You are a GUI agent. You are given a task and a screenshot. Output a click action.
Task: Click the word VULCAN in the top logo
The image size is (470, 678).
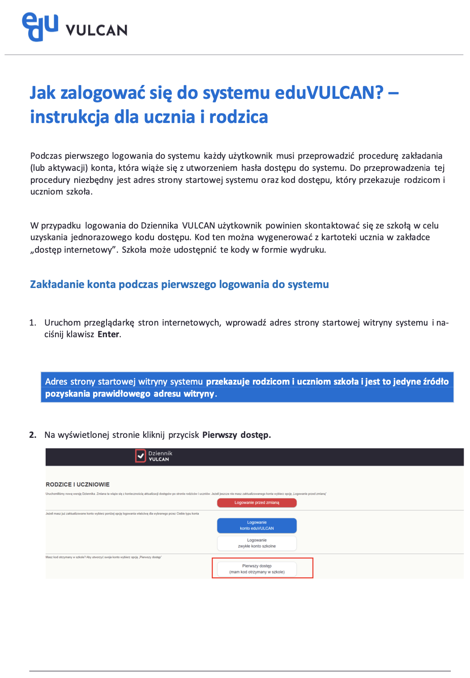(96, 30)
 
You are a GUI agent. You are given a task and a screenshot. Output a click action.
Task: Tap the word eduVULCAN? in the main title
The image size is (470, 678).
(329, 93)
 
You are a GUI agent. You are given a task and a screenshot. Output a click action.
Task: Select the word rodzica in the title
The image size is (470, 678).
(239, 117)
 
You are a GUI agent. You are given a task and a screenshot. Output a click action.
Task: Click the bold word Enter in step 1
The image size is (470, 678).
(108, 335)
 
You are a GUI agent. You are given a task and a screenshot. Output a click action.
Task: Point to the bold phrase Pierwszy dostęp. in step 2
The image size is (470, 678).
(236, 435)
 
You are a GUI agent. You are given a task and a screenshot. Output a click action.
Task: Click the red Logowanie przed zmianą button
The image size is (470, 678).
(256, 503)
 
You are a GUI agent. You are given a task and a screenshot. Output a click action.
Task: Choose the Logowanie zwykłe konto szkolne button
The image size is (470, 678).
(256, 543)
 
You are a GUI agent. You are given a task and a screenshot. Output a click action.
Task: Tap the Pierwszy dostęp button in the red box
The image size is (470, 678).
(256, 569)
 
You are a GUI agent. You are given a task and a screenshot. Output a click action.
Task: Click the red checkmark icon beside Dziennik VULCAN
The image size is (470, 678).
(141, 456)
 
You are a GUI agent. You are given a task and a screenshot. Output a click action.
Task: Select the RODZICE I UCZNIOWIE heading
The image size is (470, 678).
(77, 484)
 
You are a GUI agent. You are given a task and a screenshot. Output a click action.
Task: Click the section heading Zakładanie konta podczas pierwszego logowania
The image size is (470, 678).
(179, 284)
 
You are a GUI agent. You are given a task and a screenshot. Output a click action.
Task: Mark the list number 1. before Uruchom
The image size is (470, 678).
(33, 323)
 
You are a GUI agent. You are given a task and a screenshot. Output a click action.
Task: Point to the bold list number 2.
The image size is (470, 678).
(33, 435)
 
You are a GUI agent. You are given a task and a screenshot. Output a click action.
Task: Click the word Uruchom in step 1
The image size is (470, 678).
(63, 323)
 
